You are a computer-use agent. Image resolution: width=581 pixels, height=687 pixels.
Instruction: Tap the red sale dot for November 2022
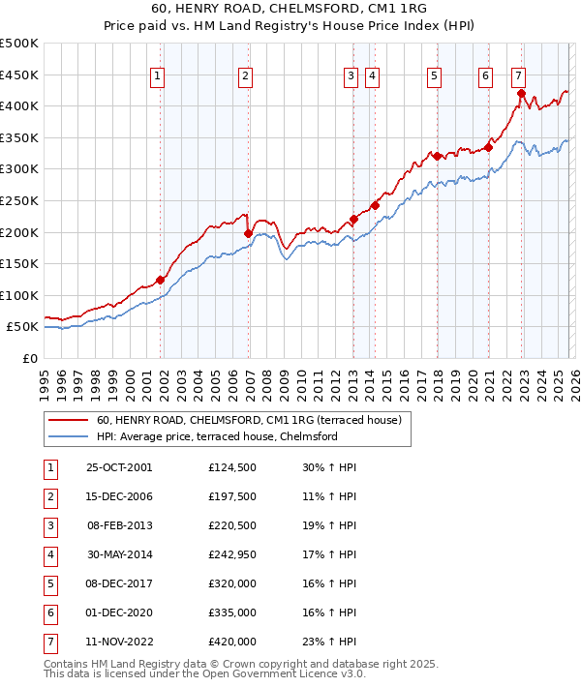[521, 94]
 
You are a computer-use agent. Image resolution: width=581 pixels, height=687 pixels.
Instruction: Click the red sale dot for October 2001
[160, 280]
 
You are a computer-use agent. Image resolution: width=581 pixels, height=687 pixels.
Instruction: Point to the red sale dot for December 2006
[249, 233]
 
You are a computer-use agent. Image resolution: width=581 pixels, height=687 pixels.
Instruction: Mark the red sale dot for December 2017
[437, 156]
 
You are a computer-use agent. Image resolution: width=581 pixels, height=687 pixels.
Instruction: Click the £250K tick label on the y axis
[18, 200]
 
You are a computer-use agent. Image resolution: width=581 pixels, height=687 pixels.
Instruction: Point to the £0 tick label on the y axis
[28, 358]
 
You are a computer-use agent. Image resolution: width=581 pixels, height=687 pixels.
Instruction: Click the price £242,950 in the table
[232, 555]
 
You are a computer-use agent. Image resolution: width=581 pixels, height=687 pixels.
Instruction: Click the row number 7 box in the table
[49, 642]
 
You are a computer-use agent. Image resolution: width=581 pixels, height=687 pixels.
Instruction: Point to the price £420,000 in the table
[232, 642]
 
